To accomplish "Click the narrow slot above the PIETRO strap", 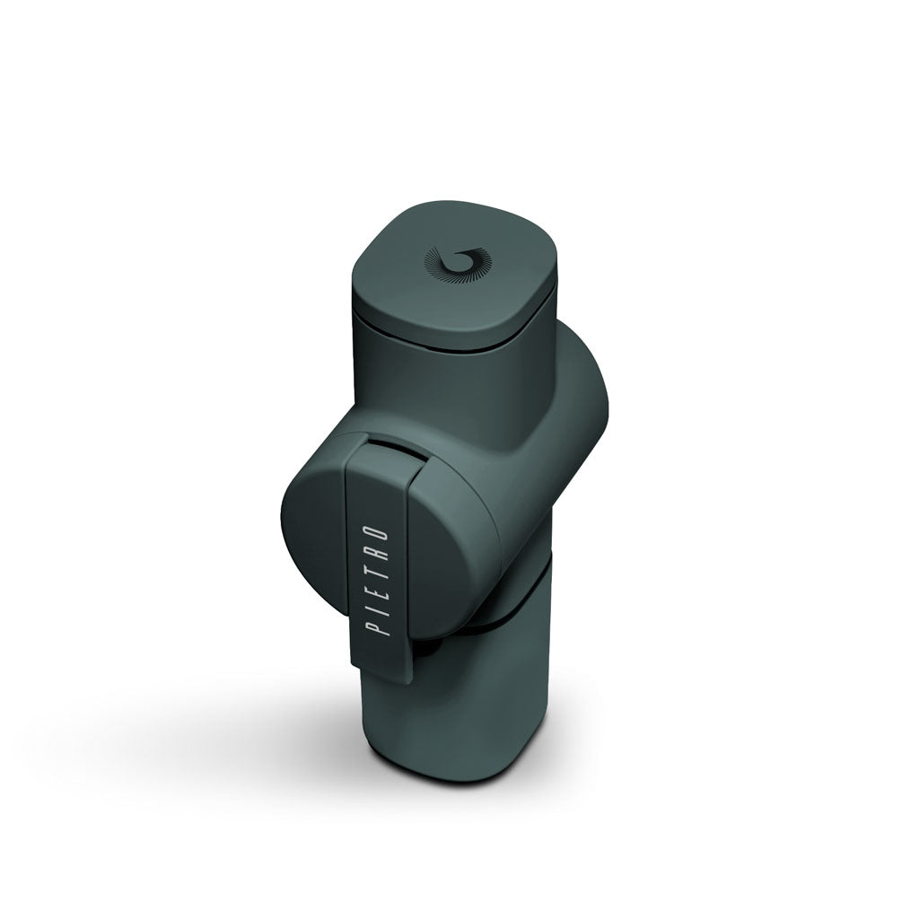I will [393, 442].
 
